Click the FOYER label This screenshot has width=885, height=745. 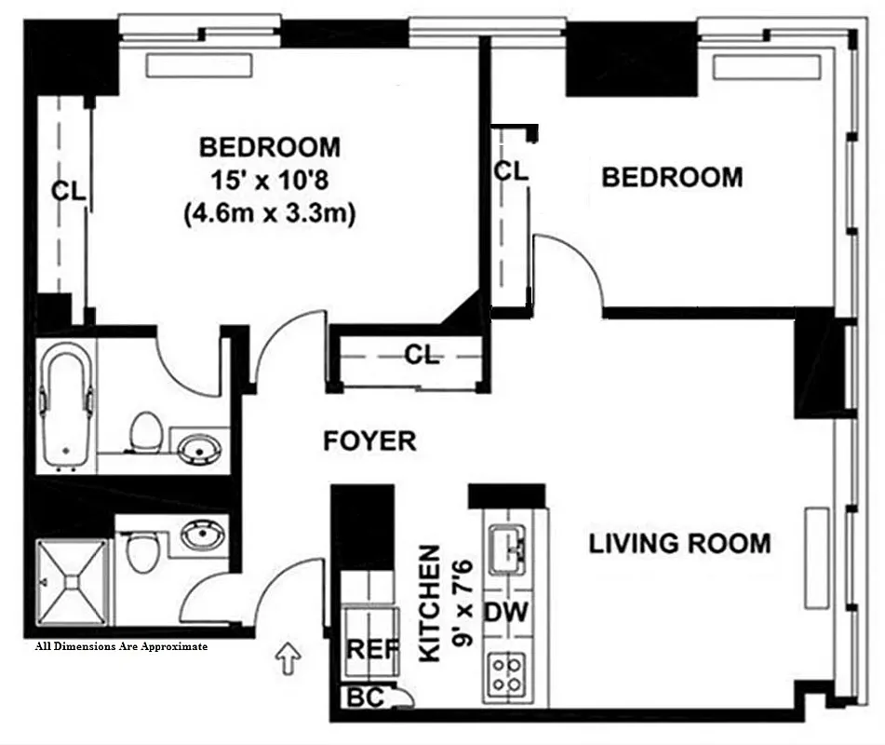pyautogui.click(x=369, y=440)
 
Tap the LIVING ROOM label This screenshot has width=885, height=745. pyautogui.click(x=679, y=543)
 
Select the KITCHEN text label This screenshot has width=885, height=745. pyautogui.click(x=430, y=603)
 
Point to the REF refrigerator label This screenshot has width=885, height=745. pyautogui.click(x=371, y=650)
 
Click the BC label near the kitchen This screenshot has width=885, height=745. pyautogui.click(x=365, y=696)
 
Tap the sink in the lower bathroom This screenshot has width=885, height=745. pyautogui.click(x=197, y=535)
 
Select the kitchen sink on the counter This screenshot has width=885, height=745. pyautogui.click(x=506, y=549)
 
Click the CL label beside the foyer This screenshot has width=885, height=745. pyautogui.click(x=422, y=355)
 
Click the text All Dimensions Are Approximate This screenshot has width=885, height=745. pyautogui.click(x=121, y=645)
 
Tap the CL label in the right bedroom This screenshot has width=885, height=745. pyautogui.click(x=510, y=171)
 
